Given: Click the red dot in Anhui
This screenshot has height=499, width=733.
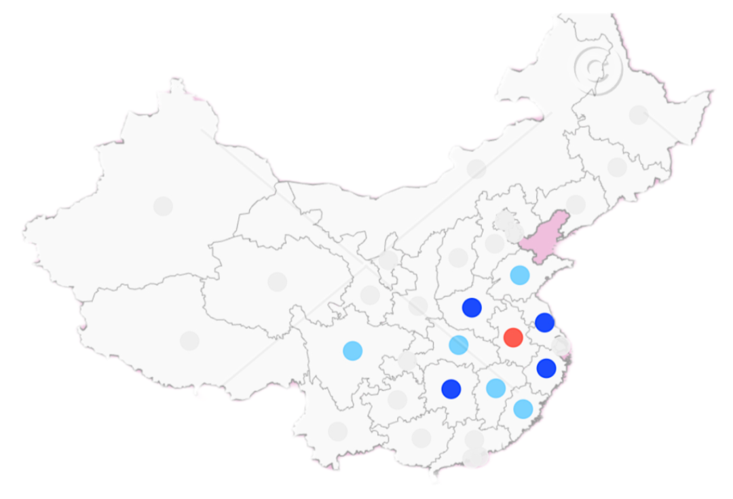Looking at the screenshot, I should (513, 337).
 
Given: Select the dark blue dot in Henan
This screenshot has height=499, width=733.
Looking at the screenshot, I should (472, 308).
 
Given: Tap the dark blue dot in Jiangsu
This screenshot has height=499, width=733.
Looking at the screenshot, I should (544, 322).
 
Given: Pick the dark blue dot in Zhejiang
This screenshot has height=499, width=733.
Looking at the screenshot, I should (546, 368).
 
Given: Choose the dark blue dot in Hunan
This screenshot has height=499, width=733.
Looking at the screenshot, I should (451, 389).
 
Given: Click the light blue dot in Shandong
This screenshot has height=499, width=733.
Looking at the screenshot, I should (520, 275).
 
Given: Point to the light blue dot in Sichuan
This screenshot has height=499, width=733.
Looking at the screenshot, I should (352, 350).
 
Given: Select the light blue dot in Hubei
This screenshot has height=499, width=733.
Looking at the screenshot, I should (459, 345).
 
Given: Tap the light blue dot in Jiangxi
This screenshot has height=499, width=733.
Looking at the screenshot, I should (496, 388).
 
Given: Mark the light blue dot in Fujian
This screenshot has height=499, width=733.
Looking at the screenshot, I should (523, 409).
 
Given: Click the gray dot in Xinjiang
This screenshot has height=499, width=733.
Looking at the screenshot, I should (163, 206).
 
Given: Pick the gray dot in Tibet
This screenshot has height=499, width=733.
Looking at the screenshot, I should (189, 341).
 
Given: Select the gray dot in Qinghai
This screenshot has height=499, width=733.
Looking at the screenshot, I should (277, 281).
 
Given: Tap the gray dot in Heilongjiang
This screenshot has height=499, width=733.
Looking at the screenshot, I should (638, 115).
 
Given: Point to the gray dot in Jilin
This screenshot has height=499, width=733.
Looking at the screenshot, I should (617, 167).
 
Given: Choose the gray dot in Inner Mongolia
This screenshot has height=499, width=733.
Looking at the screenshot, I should (476, 168).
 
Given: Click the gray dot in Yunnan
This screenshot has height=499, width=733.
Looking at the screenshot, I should (337, 431).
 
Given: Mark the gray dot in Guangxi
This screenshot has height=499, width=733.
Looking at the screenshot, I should (421, 438).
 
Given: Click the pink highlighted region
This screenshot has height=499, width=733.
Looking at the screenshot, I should (547, 238).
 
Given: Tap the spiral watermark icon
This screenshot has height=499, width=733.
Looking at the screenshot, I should (597, 68).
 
